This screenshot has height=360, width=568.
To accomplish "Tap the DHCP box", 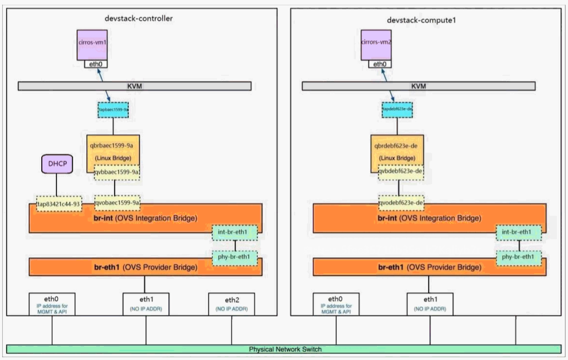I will [x=56, y=165].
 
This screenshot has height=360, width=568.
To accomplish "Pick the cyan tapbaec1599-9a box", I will [x=113, y=110].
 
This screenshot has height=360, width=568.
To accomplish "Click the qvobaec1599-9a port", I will [x=117, y=203].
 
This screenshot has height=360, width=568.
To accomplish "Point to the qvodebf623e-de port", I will [x=401, y=203].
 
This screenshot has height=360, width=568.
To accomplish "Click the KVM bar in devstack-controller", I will [x=135, y=86].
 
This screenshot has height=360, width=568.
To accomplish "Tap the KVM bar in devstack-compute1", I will [x=418, y=86].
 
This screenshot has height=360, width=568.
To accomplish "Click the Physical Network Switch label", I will [x=285, y=349].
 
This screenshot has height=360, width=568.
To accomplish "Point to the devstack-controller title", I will [x=138, y=19].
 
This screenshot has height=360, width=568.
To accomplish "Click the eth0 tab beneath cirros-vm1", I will [x=96, y=64].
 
